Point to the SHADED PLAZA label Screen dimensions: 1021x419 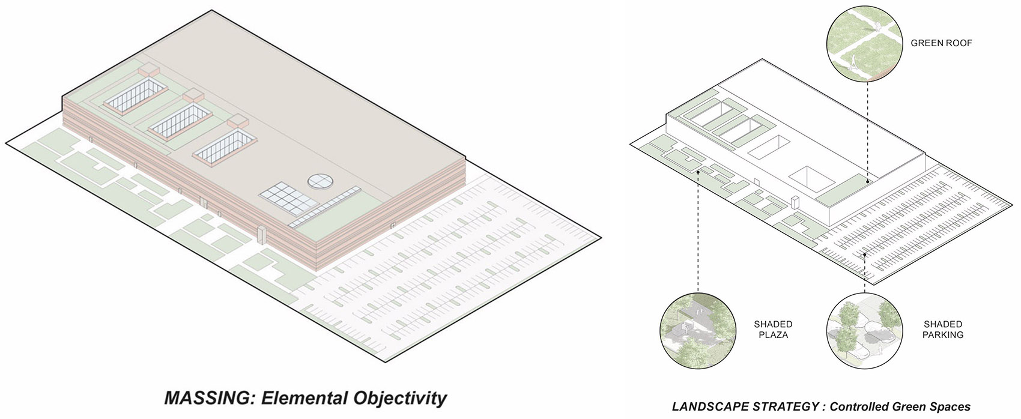(x=773, y=330)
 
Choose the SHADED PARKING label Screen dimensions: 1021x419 (x=943, y=330)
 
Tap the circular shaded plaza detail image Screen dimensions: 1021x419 (x=697, y=331)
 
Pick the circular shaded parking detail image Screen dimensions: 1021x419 (x=864, y=331)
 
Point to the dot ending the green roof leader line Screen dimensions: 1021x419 (x=867, y=182)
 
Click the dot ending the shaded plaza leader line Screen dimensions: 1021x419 (x=698, y=173)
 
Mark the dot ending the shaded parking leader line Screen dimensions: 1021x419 (x=865, y=255)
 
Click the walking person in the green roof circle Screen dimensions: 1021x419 (x=852, y=64)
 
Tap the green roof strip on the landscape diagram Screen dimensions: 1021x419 (x=841, y=190)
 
